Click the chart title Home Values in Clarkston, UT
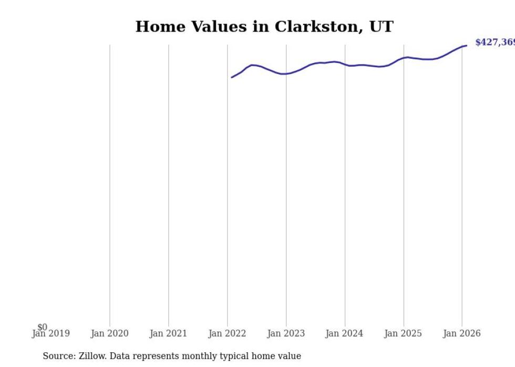coord(264,27)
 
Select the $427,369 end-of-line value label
coord(495,43)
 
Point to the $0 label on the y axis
coord(42,327)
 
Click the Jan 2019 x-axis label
coord(50,333)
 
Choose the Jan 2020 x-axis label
coord(109,333)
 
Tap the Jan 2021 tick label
coord(168,333)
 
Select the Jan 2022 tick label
coord(227,333)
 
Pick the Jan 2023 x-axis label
coord(286,333)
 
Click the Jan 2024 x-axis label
coord(345,333)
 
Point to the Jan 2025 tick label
coord(403,333)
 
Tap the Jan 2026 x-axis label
coord(462,333)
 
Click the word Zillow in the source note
coord(91,356)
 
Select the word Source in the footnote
coord(58,356)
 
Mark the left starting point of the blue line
coord(232,77)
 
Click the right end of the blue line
coord(466,46)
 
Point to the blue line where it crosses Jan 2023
coord(286,74)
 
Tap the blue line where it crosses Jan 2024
coord(345,65)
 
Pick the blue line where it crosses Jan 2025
coord(404,58)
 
